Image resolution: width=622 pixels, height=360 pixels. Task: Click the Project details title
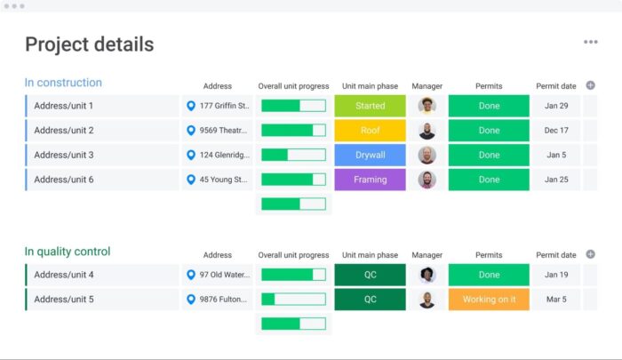tap(89, 44)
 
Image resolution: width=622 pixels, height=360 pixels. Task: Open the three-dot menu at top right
tap(590, 42)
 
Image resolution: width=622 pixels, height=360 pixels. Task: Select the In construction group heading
tap(63, 83)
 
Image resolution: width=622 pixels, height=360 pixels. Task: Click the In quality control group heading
tap(68, 252)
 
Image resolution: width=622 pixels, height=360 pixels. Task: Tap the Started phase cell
tap(370, 106)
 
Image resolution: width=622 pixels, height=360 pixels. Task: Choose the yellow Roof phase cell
tap(370, 131)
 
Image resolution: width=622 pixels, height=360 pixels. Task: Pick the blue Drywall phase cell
tap(370, 155)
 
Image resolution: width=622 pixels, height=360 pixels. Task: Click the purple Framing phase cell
tap(370, 180)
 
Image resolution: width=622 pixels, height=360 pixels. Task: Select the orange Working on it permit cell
tap(489, 300)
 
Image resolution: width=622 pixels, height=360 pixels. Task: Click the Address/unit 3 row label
tap(64, 155)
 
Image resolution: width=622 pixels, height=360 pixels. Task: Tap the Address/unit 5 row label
tap(64, 300)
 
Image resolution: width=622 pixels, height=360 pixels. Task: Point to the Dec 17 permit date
tap(556, 131)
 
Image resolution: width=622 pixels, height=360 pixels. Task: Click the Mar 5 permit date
tap(556, 300)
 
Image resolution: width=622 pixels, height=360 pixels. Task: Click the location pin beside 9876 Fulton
tap(191, 300)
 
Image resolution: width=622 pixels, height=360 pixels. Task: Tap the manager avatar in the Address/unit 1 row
tap(427, 106)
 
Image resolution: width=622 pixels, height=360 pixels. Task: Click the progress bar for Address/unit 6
tap(293, 180)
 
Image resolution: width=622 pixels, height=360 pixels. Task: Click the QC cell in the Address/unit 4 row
tap(370, 275)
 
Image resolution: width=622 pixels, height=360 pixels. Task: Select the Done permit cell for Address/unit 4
tap(489, 275)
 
